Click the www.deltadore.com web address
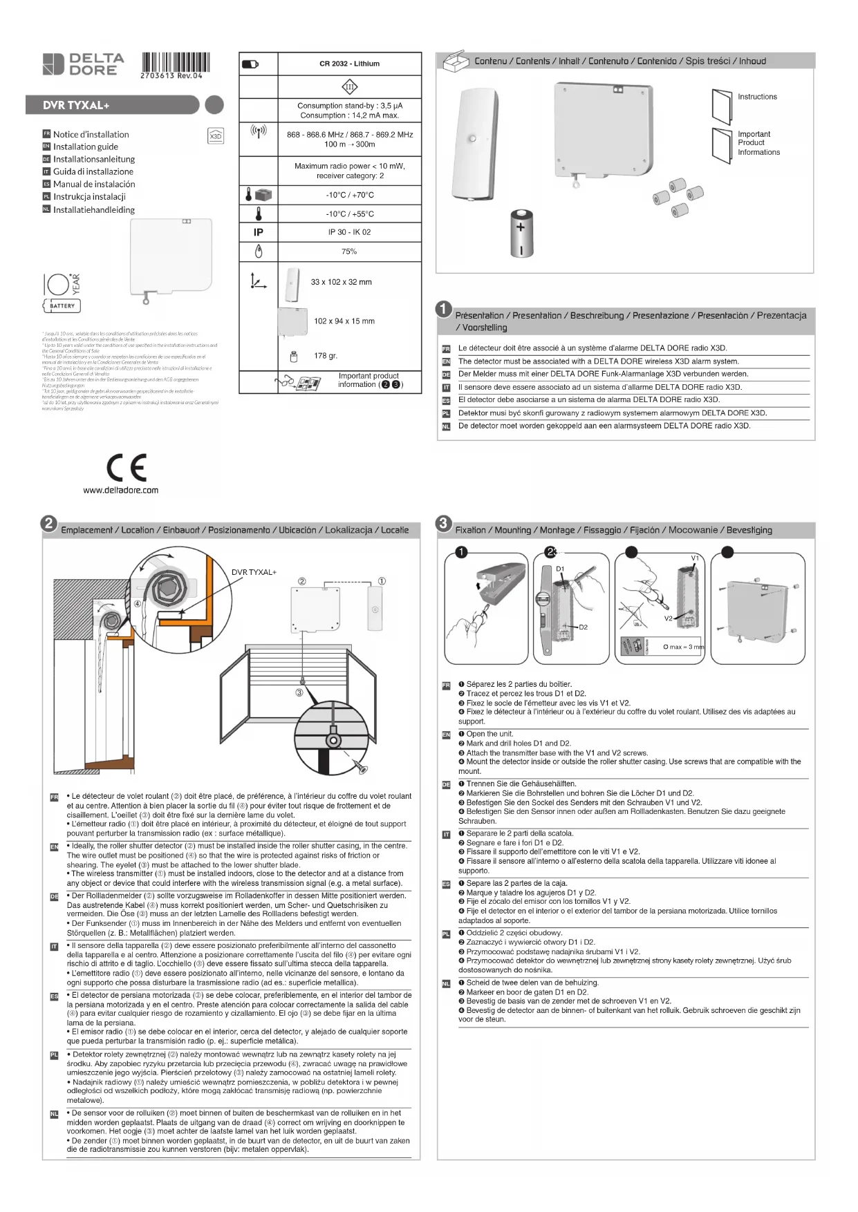tap(121, 491)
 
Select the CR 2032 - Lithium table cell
tap(349, 64)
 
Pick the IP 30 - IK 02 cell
tap(349, 232)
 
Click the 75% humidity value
tap(349, 252)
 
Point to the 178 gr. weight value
tap(326, 356)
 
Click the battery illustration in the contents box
tap(522, 232)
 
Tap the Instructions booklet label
tap(757, 97)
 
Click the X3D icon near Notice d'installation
tap(216, 136)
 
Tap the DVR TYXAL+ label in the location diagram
tap(254, 572)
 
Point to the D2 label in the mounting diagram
tap(583, 627)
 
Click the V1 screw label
tap(695, 558)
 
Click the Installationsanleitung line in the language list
tap(94, 159)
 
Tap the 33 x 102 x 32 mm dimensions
tap(341, 282)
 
